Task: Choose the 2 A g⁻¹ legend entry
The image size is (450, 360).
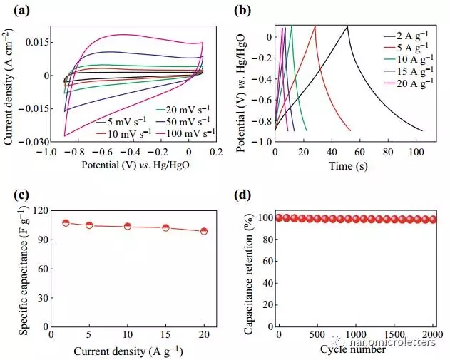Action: tap(410, 35)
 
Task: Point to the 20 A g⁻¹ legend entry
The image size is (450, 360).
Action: tap(410, 83)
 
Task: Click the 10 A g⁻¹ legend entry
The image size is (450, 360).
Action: tap(410, 59)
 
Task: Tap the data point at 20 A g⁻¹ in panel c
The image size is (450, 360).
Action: tap(203, 231)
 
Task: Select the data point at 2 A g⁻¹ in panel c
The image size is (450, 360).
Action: tap(66, 223)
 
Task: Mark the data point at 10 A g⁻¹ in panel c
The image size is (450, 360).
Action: tap(127, 227)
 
